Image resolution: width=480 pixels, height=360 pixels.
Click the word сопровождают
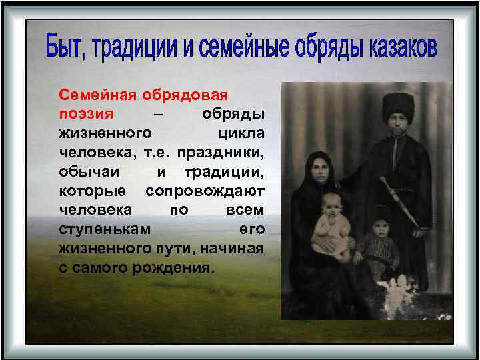click(205, 191)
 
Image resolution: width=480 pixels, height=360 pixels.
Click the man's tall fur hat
click(397, 104)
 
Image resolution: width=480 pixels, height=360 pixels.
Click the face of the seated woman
click(317, 171)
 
